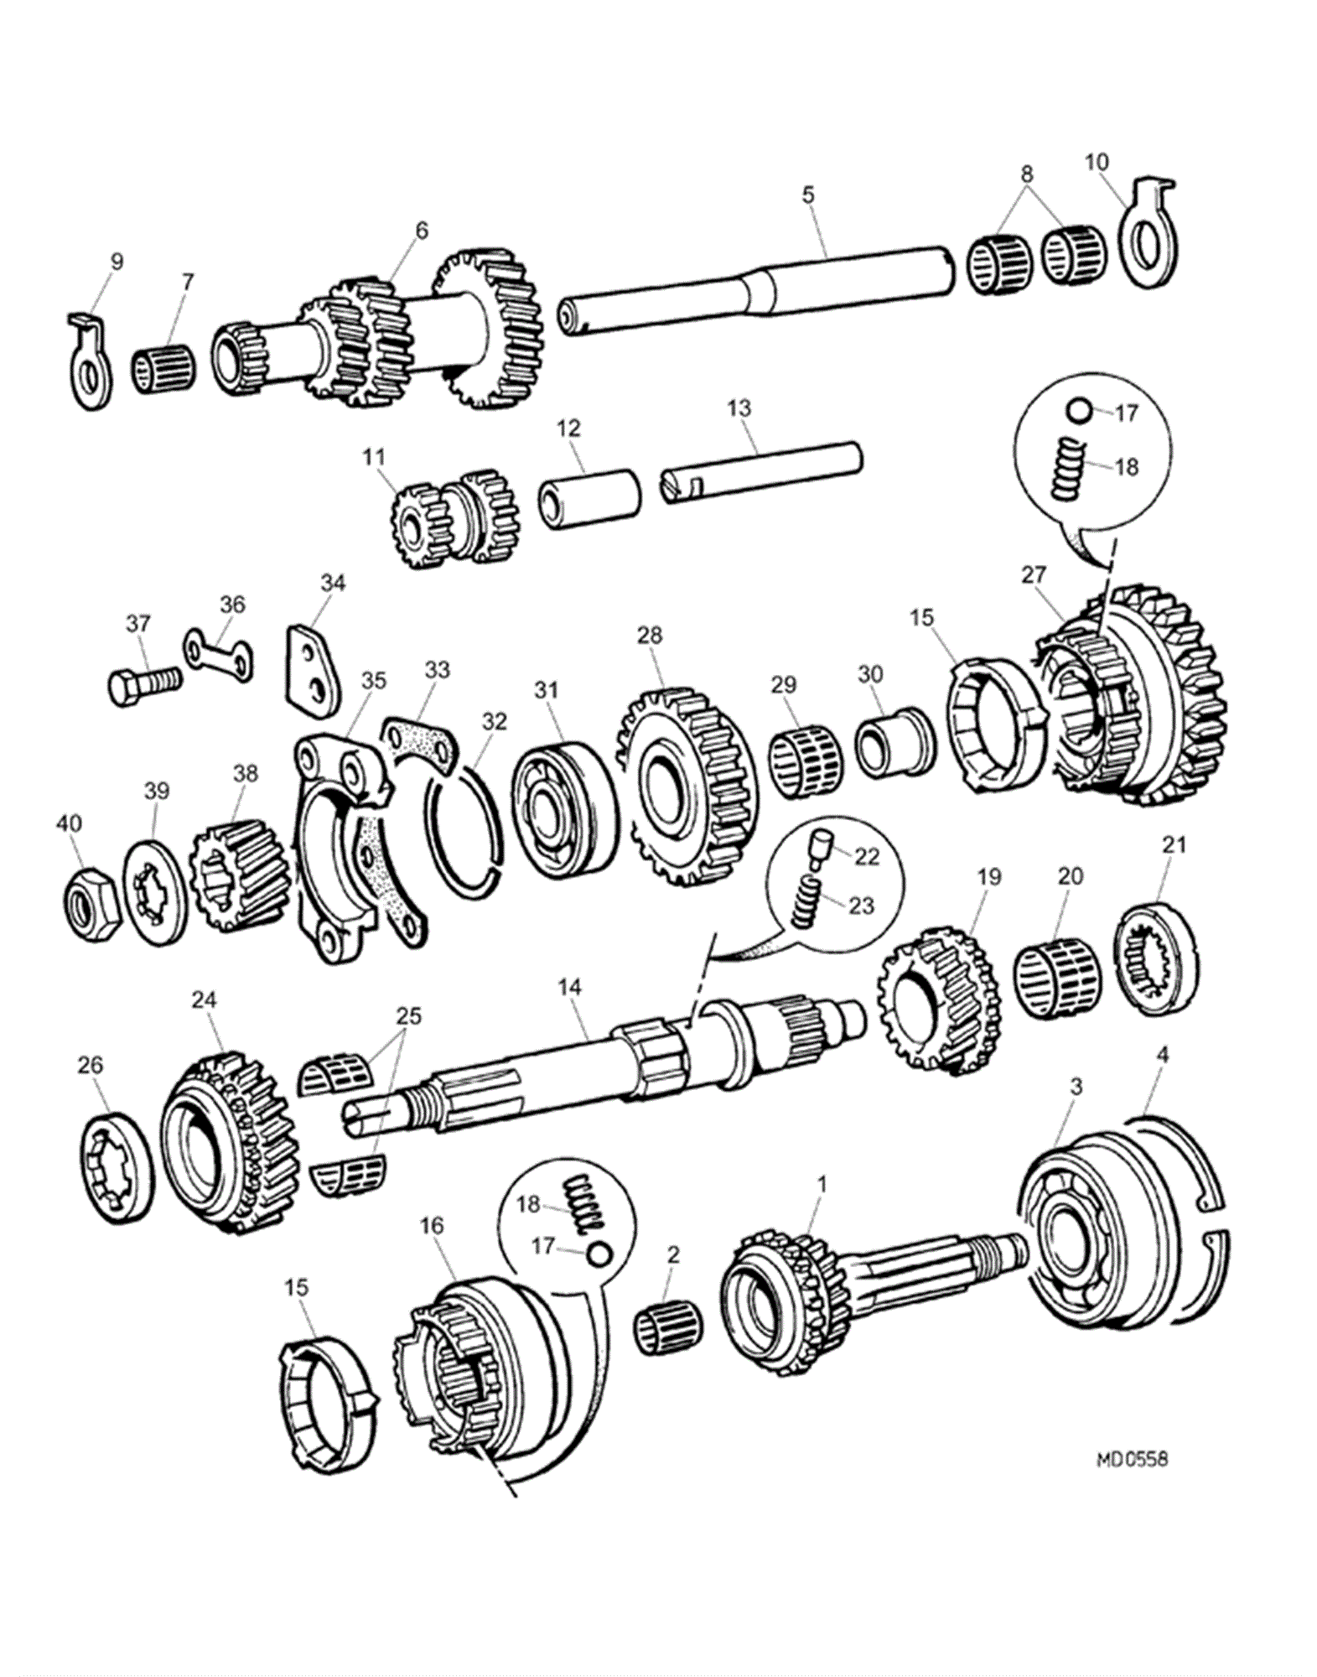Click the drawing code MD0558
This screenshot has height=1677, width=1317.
coord(1131,1459)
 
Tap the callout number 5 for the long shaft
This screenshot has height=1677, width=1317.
coord(807,195)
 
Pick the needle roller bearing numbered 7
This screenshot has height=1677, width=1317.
coord(165,367)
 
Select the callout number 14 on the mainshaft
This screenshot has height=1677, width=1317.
coord(569,987)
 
